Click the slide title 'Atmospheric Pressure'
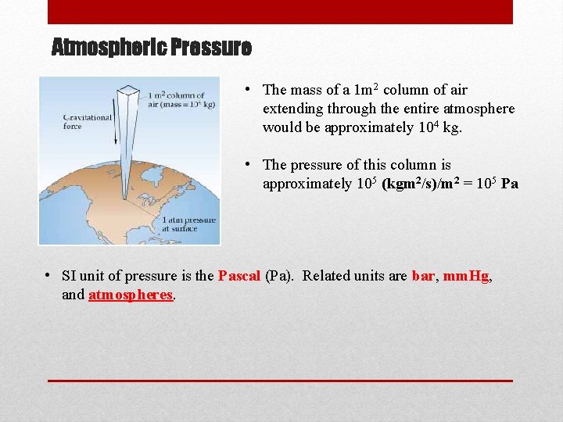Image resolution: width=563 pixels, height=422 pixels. pos(151,48)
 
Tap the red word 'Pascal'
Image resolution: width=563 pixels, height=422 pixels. pos(239,276)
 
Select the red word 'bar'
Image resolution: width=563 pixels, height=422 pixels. pos(422,276)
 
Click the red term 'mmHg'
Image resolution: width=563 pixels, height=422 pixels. pos(466,276)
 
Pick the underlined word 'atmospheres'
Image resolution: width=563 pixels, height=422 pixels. pos(131,295)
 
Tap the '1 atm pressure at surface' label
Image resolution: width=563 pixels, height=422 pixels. pos(188,225)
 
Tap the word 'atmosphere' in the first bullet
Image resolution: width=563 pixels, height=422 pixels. pos(482,109)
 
